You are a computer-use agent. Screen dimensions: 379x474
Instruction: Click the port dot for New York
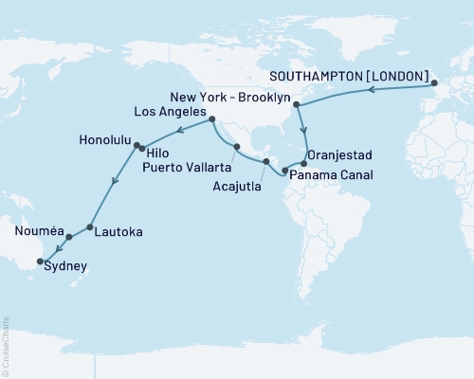pos(297,105)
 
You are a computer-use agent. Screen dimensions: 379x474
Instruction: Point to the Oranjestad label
pos(345,154)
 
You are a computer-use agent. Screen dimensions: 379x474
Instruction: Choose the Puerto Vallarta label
pos(187,168)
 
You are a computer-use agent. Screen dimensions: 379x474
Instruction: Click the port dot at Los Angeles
pos(210,119)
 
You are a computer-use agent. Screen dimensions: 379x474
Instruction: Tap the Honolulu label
pos(100,139)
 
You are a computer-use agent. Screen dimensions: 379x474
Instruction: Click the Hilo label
pos(158,151)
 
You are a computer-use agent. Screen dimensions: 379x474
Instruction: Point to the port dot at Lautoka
pos(89,227)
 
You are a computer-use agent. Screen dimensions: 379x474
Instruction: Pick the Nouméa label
pos(38,230)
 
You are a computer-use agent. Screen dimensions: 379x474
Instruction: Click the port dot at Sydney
pos(40,262)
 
